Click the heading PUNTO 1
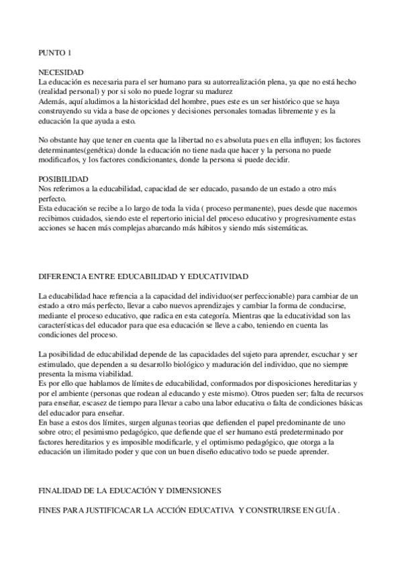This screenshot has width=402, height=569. point(54,53)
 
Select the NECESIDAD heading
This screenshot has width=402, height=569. point(61,72)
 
